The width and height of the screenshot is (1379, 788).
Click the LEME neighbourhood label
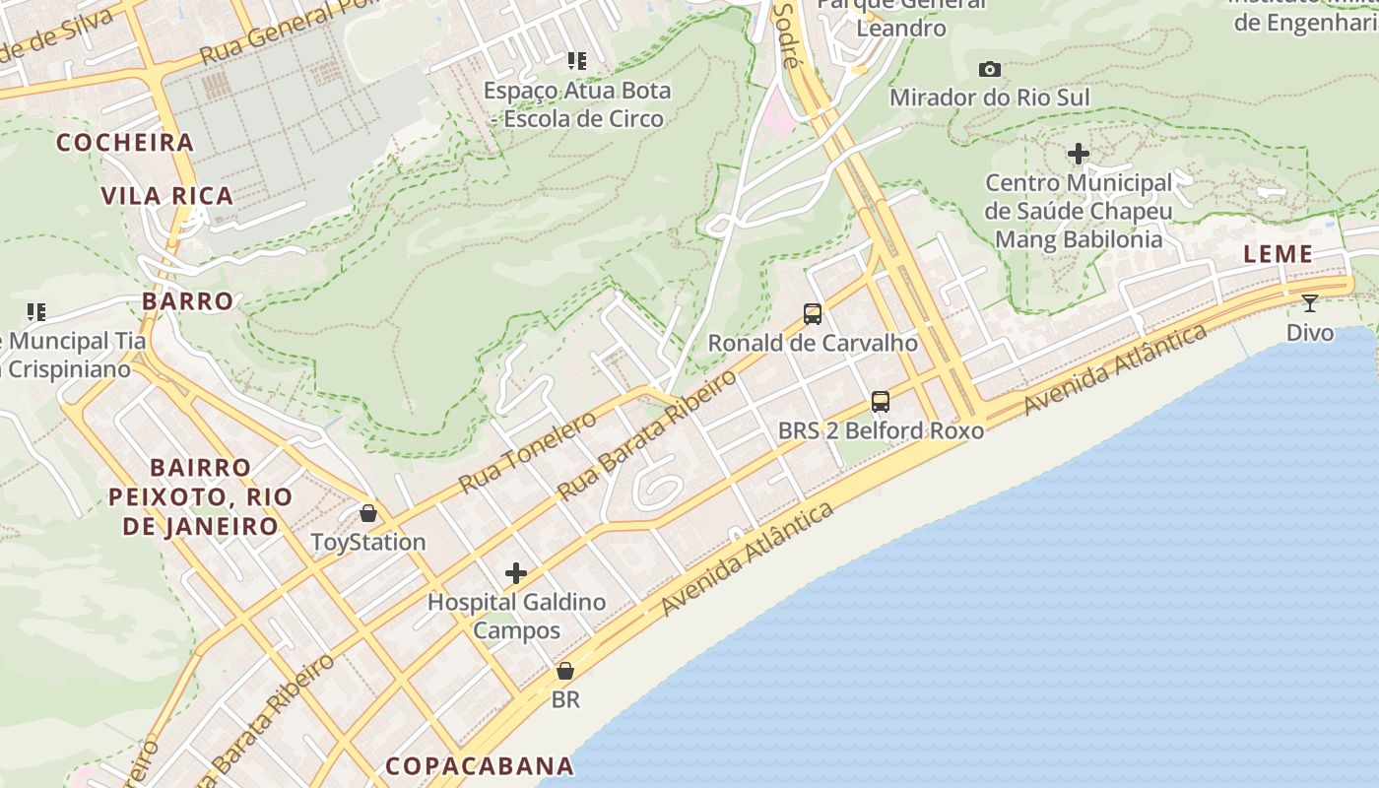coord(1278,254)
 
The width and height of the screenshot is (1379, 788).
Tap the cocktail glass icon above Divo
coord(1309,302)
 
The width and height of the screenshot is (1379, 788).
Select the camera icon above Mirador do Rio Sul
coord(990,69)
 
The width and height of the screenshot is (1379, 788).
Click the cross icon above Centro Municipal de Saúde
coord(1079,154)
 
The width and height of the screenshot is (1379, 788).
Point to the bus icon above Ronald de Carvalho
coord(813,314)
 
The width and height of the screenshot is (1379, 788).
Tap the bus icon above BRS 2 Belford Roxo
coord(881,402)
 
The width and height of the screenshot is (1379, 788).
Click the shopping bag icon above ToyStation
coord(368,513)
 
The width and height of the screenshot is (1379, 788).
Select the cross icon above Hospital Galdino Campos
coord(516,573)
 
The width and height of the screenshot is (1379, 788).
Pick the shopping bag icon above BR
coord(565,672)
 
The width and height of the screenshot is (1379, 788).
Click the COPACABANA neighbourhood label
coord(480,765)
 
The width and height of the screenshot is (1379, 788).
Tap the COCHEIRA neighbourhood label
coord(125,143)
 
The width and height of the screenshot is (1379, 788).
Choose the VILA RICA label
coord(167,195)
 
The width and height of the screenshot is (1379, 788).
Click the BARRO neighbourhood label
coord(188,300)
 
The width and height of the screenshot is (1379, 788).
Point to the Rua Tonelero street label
coord(528,453)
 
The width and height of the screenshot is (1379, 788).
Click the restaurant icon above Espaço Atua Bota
coord(577,61)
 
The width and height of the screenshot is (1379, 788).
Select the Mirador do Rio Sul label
coord(990,98)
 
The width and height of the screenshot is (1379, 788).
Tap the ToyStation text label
coord(368,542)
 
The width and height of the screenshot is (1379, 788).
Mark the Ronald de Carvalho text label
coord(813,343)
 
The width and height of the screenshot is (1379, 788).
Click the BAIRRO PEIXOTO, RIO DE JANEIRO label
coord(201,496)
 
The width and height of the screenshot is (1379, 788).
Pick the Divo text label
coord(1310,332)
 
